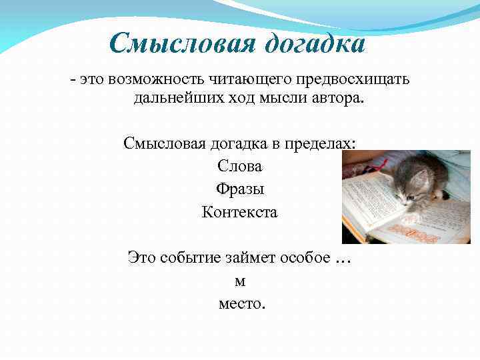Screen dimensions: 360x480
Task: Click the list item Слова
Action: coord(240,166)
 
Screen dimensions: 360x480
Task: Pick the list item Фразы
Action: coord(240,189)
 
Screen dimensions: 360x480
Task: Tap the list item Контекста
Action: coord(240,213)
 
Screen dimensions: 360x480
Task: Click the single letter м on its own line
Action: coord(240,281)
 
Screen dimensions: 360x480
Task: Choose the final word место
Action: coord(241,304)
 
